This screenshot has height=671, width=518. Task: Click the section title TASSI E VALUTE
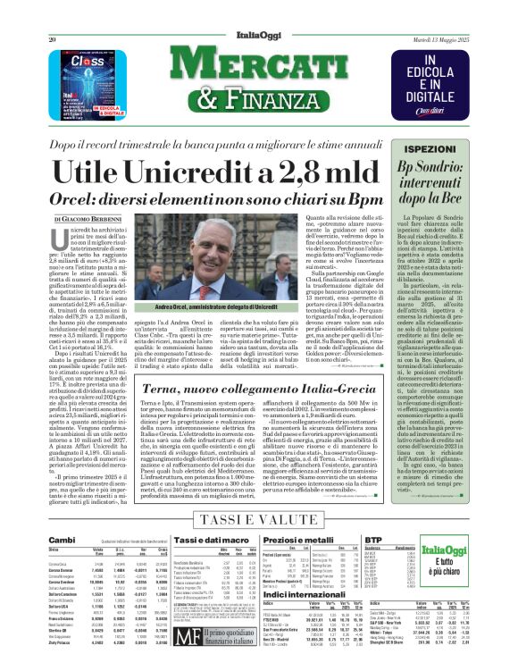point(259,518)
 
